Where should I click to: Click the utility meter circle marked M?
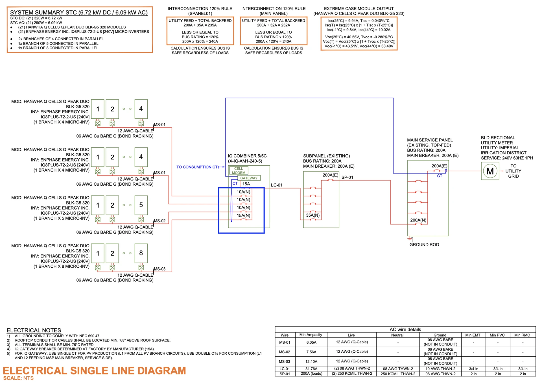pos(490,171)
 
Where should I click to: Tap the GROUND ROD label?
pos(424,245)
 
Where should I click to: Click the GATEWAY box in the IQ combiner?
pos(249,178)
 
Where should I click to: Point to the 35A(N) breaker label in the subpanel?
pos(313,215)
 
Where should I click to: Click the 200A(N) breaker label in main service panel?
pos(418,220)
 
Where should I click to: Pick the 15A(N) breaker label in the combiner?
pos(243,216)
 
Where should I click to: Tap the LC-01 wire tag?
pos(277,185)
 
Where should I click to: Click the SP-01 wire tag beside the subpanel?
pos(347,177)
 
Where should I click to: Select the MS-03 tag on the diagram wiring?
pos(159,269)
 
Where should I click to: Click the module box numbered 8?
pos(141,253)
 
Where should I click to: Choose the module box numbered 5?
pos(141,205)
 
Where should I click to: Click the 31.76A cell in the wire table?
pos(311,369)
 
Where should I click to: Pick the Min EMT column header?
pos(473,335)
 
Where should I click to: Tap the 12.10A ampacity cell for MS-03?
pos(311,361)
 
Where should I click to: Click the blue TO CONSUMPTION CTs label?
pos(198,167)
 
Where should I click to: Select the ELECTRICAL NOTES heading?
pos(34,330)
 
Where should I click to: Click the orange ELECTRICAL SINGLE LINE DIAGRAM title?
pos(94,371)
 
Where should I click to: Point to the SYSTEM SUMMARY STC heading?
pos(79,12)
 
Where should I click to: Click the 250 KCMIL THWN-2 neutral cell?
pos(398,374)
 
